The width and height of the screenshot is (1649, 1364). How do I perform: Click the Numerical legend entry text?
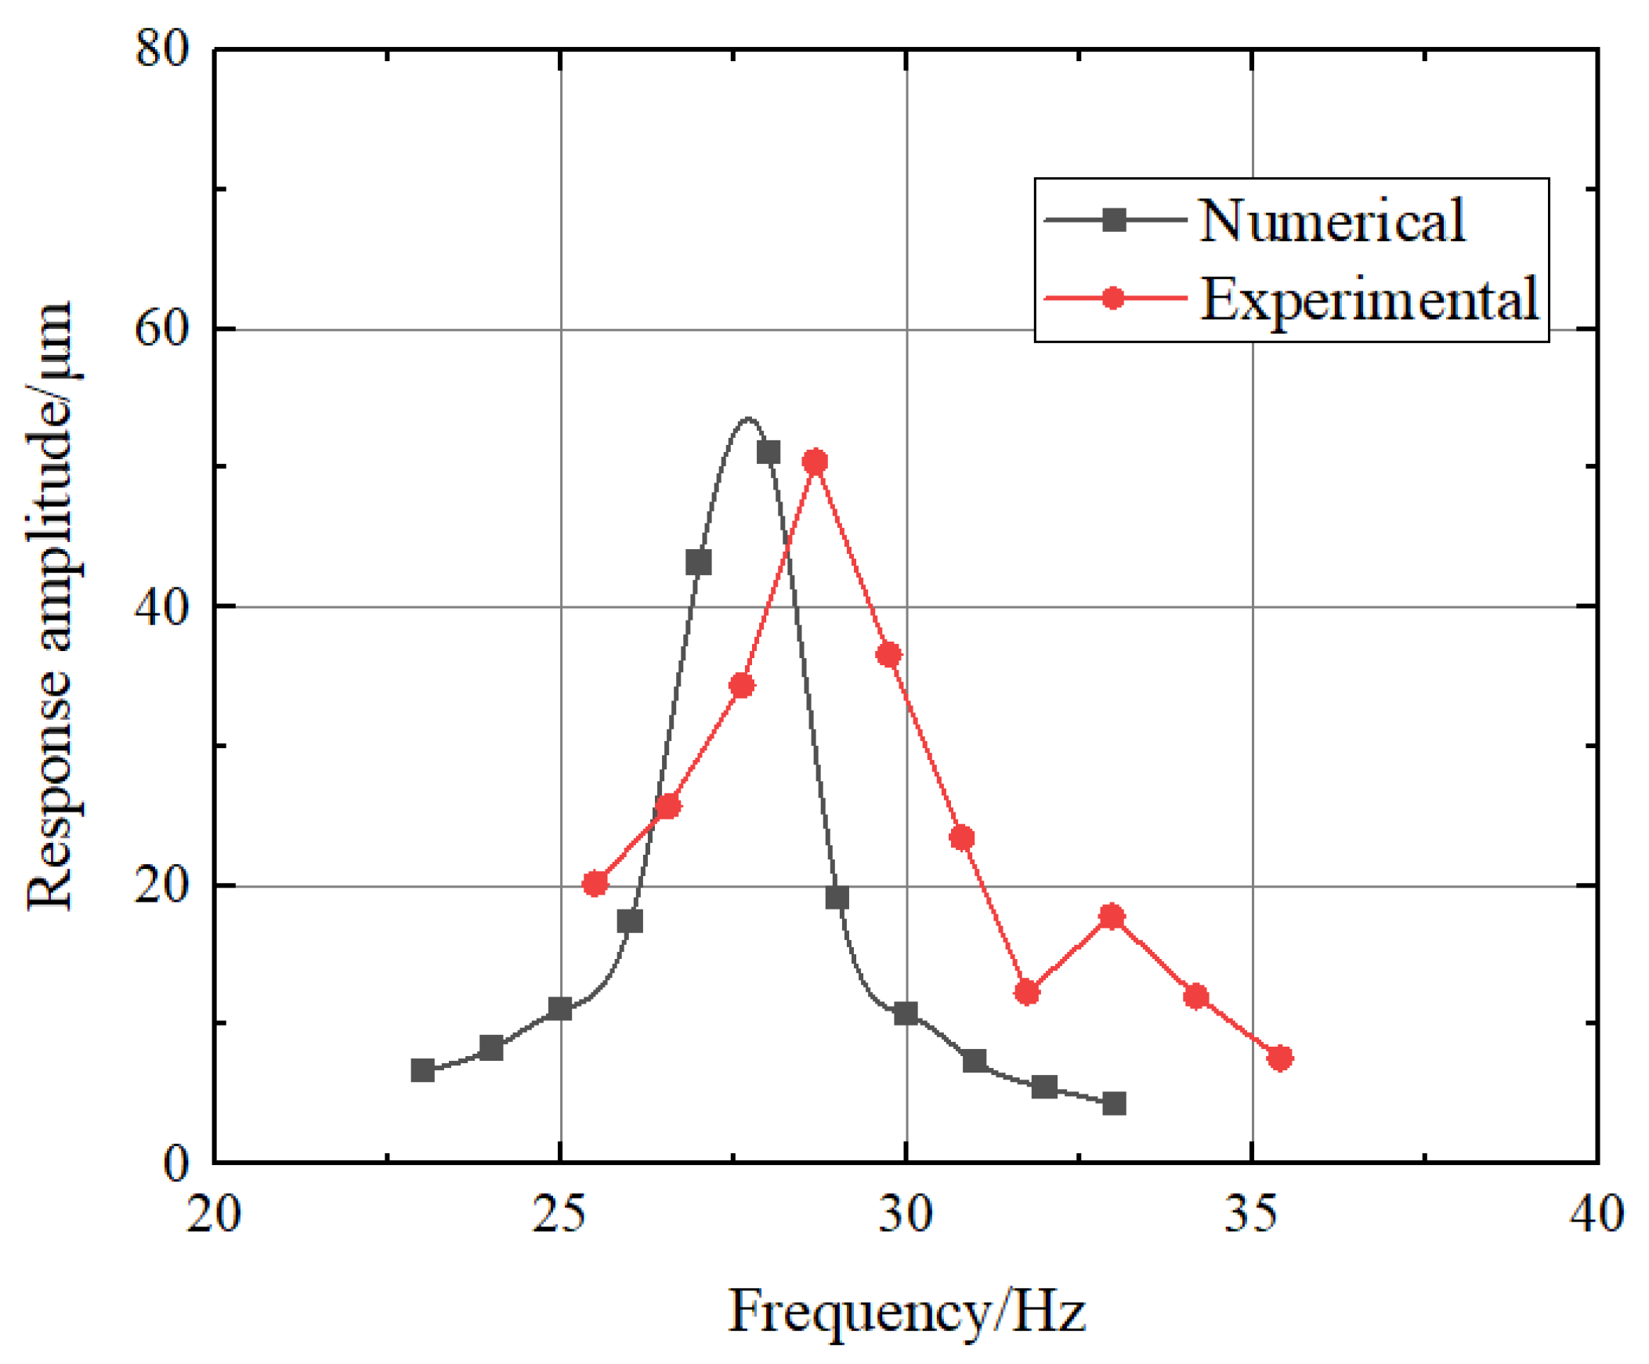(1332, 221)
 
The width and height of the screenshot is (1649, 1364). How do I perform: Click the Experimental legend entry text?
(1369, 299)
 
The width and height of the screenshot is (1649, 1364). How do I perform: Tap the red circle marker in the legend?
(1112, 298)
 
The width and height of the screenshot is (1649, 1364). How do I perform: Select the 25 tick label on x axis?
(559, 1214)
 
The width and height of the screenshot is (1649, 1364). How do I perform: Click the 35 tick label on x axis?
(1252, 1214)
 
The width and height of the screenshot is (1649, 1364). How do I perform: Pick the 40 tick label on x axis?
(1597, 1214)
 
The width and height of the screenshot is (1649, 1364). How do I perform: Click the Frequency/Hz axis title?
(907, 1312)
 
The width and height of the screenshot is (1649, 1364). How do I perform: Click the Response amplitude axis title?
(50, 606)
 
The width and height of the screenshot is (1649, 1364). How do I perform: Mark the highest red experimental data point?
(815, 461)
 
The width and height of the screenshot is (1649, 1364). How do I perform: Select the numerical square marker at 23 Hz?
(422, 1070)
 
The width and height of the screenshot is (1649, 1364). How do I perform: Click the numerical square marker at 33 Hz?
(1113, 1104)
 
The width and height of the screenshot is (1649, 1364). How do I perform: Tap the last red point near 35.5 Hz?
(1280, 1058)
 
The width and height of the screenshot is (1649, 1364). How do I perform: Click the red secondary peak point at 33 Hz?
(1111, 917)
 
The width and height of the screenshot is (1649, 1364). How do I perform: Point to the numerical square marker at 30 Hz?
(906, 1014)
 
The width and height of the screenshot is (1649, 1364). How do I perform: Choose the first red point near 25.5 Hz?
(595, 884)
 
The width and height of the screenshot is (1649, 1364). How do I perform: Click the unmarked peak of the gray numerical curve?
(747, 418)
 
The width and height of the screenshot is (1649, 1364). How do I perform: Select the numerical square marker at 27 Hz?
(698, 563)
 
